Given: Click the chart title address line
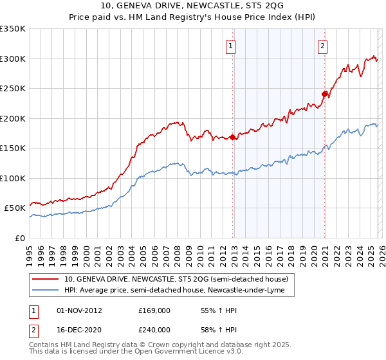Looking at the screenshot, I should pyautogui.click(x=192, y=6).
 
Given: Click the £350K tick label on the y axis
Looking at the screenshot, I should pyautogui.click(x=13, y=29).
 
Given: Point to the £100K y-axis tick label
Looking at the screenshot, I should pyautogui.click(x=13, y=178).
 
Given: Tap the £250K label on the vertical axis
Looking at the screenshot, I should pyautogui.click(x=13, y=89).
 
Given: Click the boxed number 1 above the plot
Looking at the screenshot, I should pyautogui.click(x=230, y=46).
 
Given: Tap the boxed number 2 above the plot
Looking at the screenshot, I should pyautogui.click(x=322, y=46).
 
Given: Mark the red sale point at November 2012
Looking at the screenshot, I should pyautogui.click(x=232, y=137).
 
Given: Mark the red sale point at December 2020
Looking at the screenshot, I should pyautogui.click(x=325, y=94).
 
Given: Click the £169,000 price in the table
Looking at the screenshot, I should pyautogui.click(x=154, y=310).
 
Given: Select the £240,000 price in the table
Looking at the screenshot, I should pyautogui.click(x=154, y=329).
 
